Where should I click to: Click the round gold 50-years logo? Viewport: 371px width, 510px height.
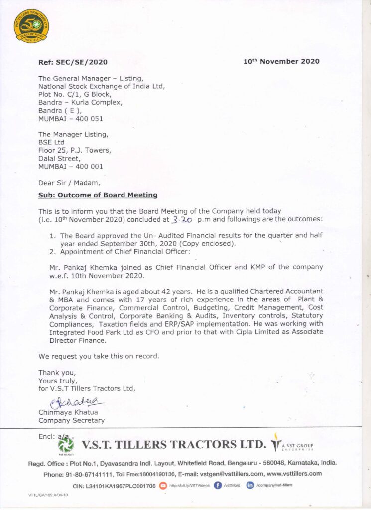pos(31,25)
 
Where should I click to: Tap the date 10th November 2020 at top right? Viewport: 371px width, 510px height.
pos(281,61)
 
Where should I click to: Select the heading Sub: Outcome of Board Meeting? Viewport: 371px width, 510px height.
pos(98,195)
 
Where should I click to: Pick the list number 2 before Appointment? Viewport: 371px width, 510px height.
pos(52,252)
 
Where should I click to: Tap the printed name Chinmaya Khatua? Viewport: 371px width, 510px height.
pos(68,412)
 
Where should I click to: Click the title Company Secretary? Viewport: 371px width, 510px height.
pos(71,420)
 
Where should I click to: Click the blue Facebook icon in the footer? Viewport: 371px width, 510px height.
pos(217,485)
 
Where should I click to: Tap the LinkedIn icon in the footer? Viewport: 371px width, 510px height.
pos(250,485)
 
